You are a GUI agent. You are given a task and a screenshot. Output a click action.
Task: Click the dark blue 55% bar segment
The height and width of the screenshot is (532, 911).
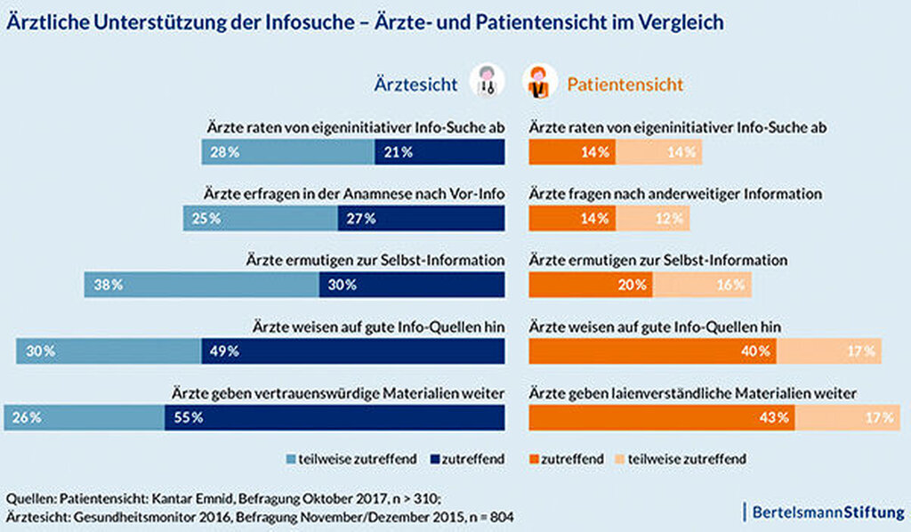[335, 417]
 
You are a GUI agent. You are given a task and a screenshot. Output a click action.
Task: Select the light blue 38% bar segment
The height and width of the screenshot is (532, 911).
[202, 285]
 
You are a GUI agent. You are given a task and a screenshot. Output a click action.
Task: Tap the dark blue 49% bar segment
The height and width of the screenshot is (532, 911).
[353, 351]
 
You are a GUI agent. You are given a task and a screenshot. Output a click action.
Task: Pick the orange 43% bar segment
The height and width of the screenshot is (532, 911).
[662, 417]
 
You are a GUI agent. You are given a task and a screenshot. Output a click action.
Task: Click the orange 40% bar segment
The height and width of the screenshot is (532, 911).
[652, 351]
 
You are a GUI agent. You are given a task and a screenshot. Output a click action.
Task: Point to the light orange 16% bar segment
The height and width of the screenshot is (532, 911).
[703, 285]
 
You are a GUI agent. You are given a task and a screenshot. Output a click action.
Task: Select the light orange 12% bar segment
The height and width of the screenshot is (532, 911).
[653, 218]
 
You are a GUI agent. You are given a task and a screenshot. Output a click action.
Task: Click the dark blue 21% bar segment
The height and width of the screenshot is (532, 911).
[439, 152]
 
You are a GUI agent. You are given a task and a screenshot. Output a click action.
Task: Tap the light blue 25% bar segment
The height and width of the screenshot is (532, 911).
[261, 218]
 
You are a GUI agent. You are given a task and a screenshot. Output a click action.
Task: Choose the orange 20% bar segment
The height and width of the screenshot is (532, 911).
[591, 285]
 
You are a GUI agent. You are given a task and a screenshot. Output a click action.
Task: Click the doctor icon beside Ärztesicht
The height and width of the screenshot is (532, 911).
[487, 81]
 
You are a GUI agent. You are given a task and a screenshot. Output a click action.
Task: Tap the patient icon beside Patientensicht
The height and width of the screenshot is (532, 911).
[540, 81]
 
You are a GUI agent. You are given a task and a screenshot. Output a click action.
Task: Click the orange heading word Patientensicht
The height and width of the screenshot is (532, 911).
[625, 85]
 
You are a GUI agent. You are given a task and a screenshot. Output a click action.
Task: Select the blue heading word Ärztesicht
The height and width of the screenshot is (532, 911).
[416, 85]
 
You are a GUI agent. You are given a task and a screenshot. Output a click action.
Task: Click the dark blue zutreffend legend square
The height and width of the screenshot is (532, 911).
[434, 459]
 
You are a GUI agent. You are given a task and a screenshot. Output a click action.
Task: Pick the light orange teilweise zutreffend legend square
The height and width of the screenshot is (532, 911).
[620, 459]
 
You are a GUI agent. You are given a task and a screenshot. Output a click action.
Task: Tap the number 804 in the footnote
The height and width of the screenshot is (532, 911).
[502, 516]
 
